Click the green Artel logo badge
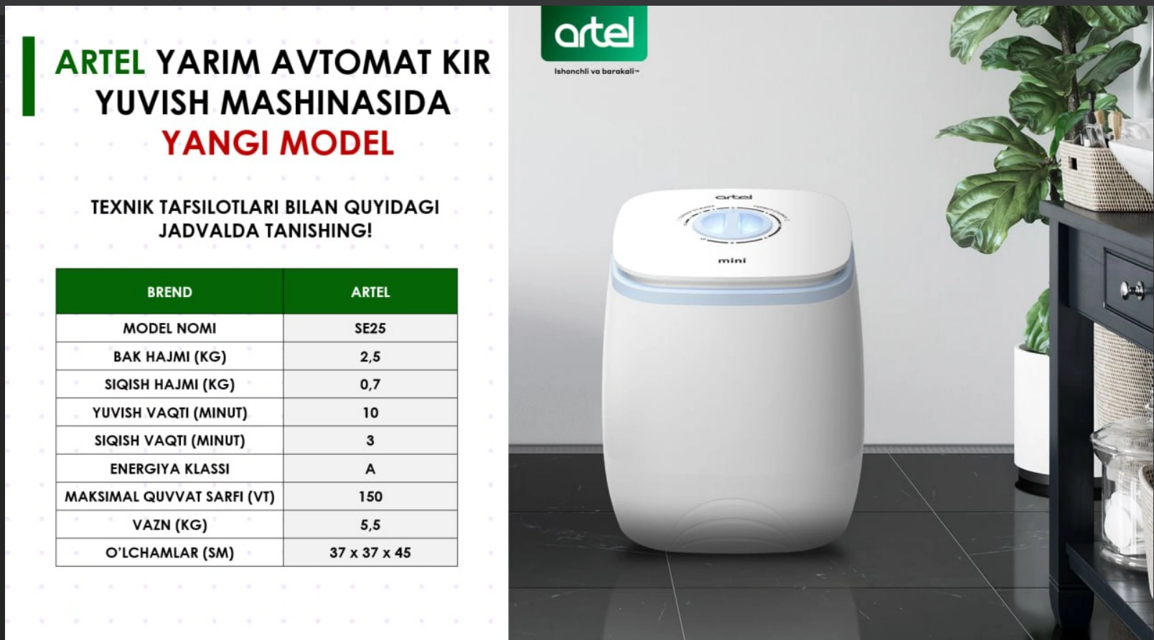(x=594, y=34)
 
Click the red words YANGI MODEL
(x=278, y=143)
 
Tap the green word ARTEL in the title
(x=100, y=62)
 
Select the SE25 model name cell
(x=370, y=328)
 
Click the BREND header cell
(x=169, y=292)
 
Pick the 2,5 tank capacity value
(x=370, y=357)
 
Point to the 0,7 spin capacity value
(x=370, y=384)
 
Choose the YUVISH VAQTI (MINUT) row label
(x=169, y=413)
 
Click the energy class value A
(x=370, y=469)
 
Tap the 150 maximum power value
(x=370, y=497)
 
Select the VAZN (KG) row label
(x=169, y=524)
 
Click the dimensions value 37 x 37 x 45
(x=370, y=552)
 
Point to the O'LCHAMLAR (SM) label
(x=169, y=552)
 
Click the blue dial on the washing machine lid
(x=732, y=225)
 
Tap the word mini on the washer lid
(x=732, y=260)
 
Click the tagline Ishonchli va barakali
(x=596, y=71)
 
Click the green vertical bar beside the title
(x=28, y=76)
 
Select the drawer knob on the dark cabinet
(x=1132, y=291)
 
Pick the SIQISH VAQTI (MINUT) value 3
(x=370, y=441)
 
